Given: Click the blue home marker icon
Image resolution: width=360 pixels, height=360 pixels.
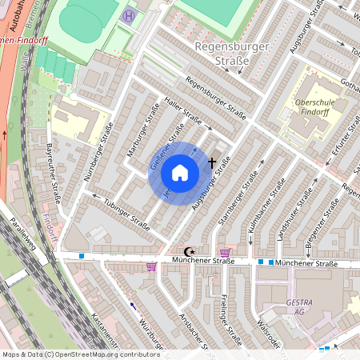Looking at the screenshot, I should pyautogui.click(x=180, y=173).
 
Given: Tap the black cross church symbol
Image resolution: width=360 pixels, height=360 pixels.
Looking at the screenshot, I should pyautogui.click(x=212, y=162).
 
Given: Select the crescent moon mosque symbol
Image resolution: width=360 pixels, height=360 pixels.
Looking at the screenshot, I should pyautogui.click(x=189, y=251).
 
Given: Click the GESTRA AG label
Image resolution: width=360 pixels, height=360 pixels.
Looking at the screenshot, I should pyautogui.click(x=299, y=309).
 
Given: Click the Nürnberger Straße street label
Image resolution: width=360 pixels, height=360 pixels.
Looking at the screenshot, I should pyautogui.click(x=98, y=152).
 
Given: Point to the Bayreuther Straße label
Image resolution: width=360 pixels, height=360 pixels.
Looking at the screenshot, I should pyautogui.click(x=54, y=171).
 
